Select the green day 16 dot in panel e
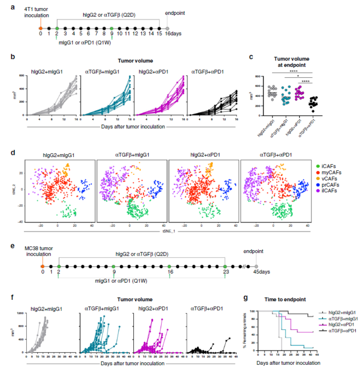(169, 267)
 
